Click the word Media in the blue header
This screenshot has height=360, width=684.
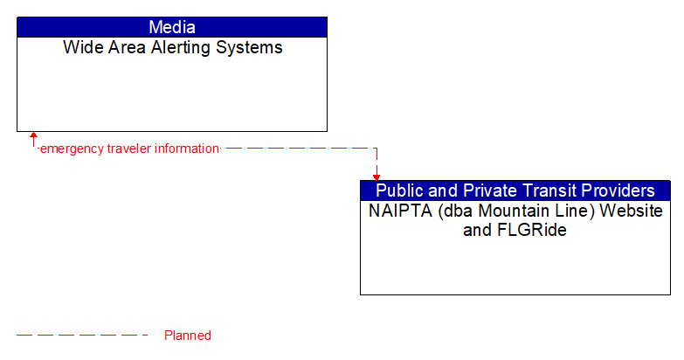[x=172, y=27]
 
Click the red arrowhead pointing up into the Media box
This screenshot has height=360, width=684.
[x=33, y=136]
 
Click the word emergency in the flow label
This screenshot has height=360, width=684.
[x=72, y=149]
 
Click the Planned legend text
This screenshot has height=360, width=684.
[x=188, y=336]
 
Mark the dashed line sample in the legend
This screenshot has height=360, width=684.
[x=83, y=336]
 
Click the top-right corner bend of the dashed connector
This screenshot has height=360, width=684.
[x=377, y=149]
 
